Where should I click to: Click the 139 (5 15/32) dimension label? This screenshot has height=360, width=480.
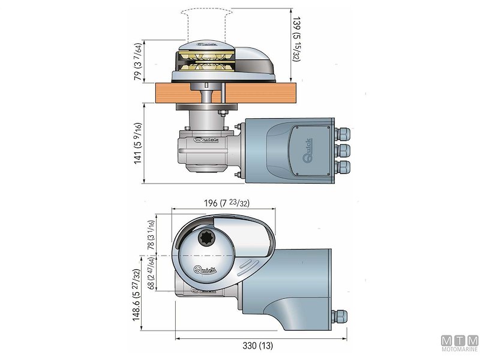pyautogui.click(x=296, y=39)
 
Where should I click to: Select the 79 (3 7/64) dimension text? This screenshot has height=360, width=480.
pyautogui.click(x=138, y=62)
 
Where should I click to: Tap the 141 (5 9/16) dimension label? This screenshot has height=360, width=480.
pyautogui.click(x=138, y=143)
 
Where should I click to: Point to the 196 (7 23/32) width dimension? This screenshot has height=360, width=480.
pyautogui.click(x=227, y=203)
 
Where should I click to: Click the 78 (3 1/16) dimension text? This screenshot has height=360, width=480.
pyautogui.click(x=151, y=235)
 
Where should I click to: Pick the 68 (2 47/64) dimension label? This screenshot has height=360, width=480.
pyautogui.click(x=151, y=274)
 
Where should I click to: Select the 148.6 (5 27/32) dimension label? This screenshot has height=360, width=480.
pyautogui.click(x=137, y=295)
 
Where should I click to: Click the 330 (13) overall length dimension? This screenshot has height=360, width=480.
pyautogui.click(x=258, y=346)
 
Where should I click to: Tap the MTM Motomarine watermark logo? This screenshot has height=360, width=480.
pyautogui.click(x=460, y=343)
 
